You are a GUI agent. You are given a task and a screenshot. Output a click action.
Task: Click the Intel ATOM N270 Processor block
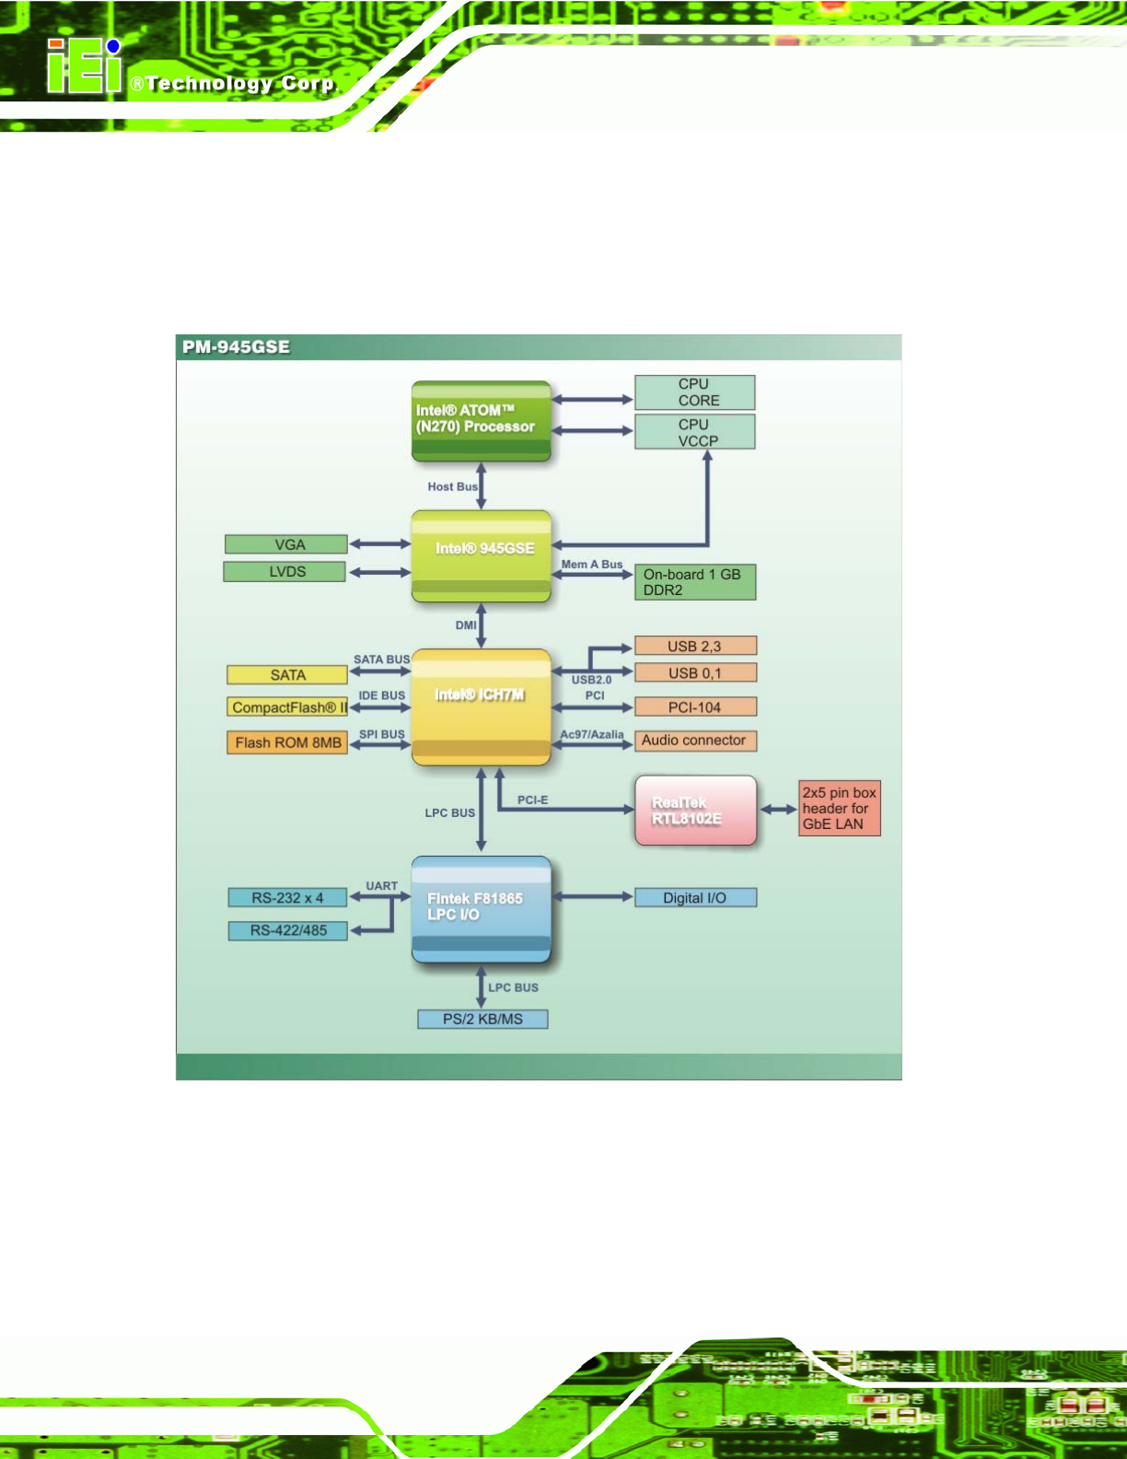pyautogui.click(x=481, y=420)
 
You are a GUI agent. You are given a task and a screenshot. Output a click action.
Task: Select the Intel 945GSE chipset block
pyautogui.click(x=481, y=555)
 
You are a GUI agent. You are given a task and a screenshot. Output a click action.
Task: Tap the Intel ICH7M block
pyautogui.click(x=481, y=706)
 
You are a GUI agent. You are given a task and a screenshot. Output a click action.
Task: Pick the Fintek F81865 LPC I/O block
pyautogui.click(x=481, y=908)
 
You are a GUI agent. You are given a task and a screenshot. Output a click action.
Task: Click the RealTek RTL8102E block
pyautogui.click(x=695, y=811)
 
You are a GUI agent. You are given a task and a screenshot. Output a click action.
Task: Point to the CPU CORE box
pyautogui.click(x=694, y=392)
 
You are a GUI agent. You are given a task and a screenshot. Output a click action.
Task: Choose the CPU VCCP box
pyautogui.click(x=694, y=432)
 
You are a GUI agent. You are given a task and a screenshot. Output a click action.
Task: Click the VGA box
pyautogui.click(x=286, y=544)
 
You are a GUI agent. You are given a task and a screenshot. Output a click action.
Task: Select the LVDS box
pyautogui.click(x=285, y=572)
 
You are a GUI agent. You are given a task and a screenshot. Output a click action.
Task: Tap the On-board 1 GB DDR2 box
pyautogui.click(x=694, y=582)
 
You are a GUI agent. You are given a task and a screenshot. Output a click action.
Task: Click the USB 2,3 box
pyautogui.click(x=694, y=647)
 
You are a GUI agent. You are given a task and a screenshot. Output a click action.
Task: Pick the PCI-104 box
pyautogui.click(x=694, y=707)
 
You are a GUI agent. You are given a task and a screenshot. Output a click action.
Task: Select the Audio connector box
pyautogui.click(x=694, y=741)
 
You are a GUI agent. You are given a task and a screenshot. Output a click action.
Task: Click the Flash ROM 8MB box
pyautogui.click(x=286, y=742)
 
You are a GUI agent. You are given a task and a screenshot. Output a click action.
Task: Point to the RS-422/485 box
pyautogui.click(x=287, y=930)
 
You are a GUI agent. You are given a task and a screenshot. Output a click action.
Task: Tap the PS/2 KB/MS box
pyautogui.click(x=482, y=1019)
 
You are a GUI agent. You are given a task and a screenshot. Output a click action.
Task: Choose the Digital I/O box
pyautogui.click(x=695, y=898)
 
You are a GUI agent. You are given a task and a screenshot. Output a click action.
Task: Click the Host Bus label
pyautogui.click(x=452, y=486)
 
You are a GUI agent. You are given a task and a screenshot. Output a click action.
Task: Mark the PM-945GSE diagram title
pyautogui.click(x=236, y=347)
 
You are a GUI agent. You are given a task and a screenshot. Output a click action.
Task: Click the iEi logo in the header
pyautogui.click(x=85, y=67)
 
